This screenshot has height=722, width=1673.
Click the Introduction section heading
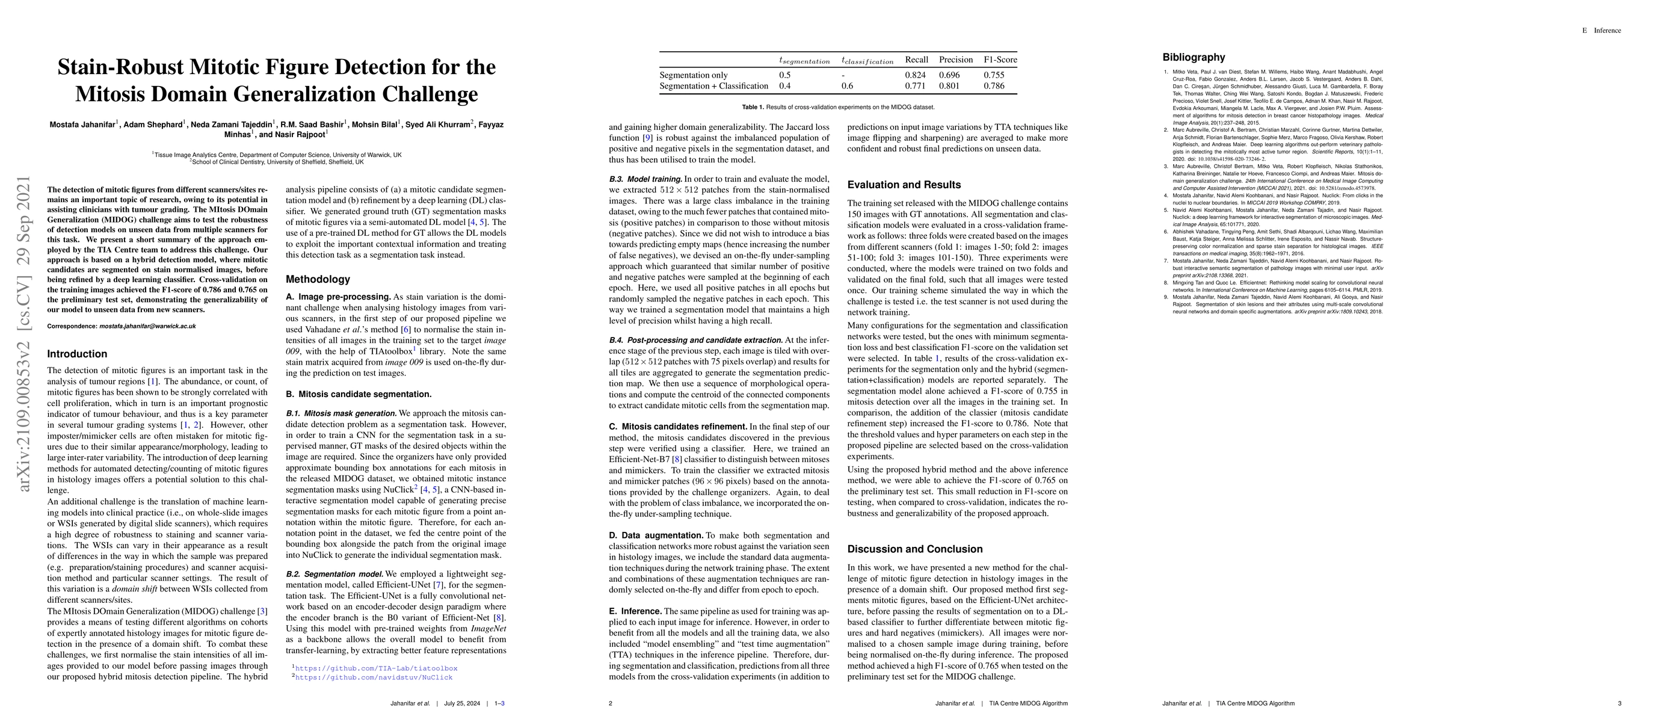tap(77, 354)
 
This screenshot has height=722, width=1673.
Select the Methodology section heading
tap(318, 279)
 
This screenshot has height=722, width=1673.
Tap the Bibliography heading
tap(1194, 57)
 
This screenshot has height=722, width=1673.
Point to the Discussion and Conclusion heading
tap(914, 549)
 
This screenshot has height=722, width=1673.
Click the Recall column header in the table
tap(916, 60)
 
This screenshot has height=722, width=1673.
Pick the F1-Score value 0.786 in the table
tap(994, 85)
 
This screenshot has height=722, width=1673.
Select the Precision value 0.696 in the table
tap(949, 75)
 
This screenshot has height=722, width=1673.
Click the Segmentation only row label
tap(694, 75)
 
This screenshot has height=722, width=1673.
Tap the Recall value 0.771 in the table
tap(915, 85)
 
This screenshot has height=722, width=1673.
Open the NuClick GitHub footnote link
tap(374, 677)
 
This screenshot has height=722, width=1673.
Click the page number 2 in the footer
tap(611, 703)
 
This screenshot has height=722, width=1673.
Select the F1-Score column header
tap(1000, 60)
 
